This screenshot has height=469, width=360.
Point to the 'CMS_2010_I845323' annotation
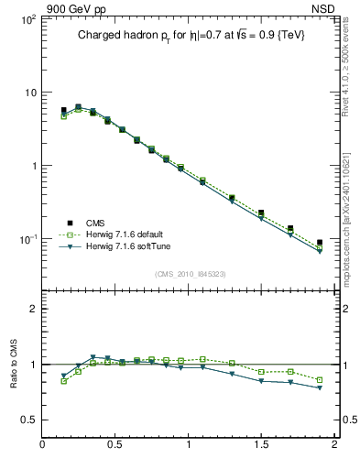coord(191,273)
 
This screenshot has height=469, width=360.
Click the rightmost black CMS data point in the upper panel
coord(320,243)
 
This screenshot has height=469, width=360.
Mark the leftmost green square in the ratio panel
coord(63,381)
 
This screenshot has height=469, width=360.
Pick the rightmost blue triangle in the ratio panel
coord(320,388)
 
